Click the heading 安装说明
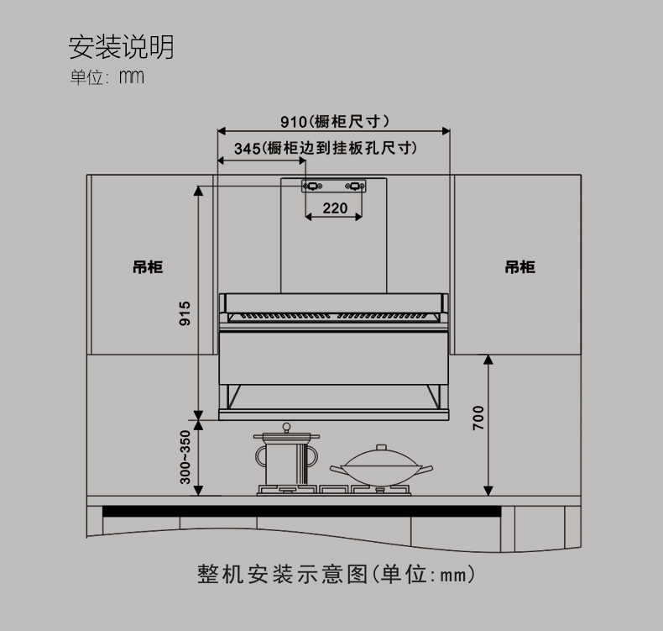(x=121, y=47)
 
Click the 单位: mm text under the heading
(x=107, y=77)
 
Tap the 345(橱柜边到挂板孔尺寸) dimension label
(x=326, y=149)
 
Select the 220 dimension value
(x=334, y=208)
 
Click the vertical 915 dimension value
(x=185, y=313)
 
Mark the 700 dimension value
(x=478, y=418)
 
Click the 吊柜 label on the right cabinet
(x=519, y=267)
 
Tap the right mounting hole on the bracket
(x=354, y=187)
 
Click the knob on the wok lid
(x=383, y=448)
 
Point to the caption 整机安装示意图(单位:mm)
(x=336, y=575)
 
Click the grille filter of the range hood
(x=333, y=318)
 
